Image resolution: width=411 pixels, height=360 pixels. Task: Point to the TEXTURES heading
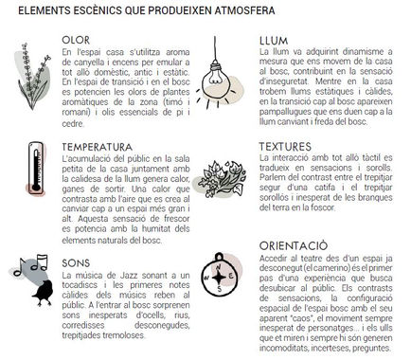coord(290,148)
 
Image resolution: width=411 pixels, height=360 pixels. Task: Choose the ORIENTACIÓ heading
coord(294,243)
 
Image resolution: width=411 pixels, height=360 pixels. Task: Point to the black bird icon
coord(40,295)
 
